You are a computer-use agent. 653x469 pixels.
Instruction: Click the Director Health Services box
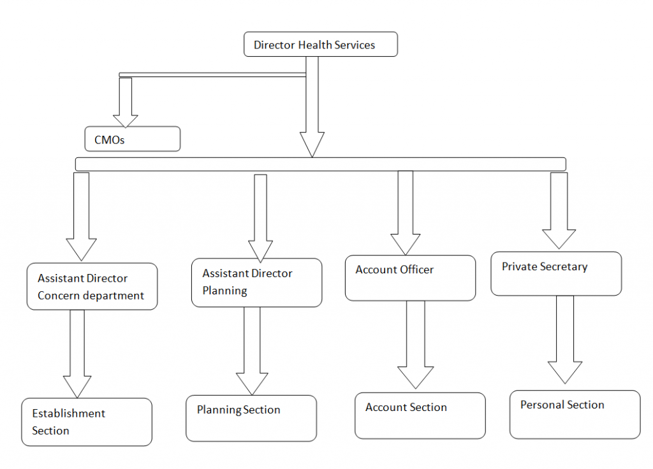coord(321,45)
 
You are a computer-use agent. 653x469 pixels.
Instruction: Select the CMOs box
coord(133,139)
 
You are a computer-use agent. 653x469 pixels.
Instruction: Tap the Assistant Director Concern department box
coord(92,287)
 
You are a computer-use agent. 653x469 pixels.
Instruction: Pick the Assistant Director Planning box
coord(256,282)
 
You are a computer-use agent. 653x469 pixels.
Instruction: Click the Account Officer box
coord(410,278)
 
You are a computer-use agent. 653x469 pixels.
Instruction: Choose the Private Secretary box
coord(555,273)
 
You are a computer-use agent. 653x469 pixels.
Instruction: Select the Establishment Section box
coord(87,422)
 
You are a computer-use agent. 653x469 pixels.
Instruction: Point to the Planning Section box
coord(251,418)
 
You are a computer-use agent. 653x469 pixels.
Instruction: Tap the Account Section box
coord(420,415)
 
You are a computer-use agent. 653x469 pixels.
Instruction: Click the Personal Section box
coord(575,414)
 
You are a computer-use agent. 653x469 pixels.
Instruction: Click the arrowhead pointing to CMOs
coord(126,120)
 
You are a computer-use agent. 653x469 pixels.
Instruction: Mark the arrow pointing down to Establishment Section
coord(77,354)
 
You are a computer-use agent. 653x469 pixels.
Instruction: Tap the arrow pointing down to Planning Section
coord(252,351)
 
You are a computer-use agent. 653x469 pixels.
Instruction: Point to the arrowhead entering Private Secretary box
coord(559,238)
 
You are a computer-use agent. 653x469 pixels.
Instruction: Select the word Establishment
coord(69,414)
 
